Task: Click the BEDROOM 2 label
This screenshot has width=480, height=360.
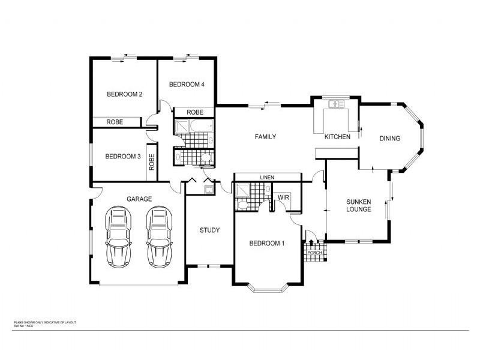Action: click(124, 94)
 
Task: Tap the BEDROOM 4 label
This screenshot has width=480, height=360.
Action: click(187, 85)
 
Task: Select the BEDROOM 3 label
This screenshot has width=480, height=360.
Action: click(122, 157)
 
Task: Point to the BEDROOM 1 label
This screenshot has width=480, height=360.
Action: click(267, 244)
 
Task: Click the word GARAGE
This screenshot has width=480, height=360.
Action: click(139, 199)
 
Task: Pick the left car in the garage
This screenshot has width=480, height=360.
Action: click(118, 238)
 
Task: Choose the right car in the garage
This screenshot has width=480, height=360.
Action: click(158, 238)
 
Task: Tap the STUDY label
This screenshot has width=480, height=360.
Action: click(209, 230)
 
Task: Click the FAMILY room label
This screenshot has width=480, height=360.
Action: click(265, 137)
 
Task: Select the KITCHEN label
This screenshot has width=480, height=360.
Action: click(337, 137)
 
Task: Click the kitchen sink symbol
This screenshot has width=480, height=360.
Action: click(335, 104)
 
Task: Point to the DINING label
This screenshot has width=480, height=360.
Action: click(389, 139)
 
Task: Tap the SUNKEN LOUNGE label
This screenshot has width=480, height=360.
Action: click(359, 206)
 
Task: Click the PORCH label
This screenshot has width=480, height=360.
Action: click(314, 253)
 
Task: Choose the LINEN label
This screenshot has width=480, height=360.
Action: click(267, 178)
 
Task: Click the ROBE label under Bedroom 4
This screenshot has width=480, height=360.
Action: click(194, 112)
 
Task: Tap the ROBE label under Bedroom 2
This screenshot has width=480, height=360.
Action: click(115, 122)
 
